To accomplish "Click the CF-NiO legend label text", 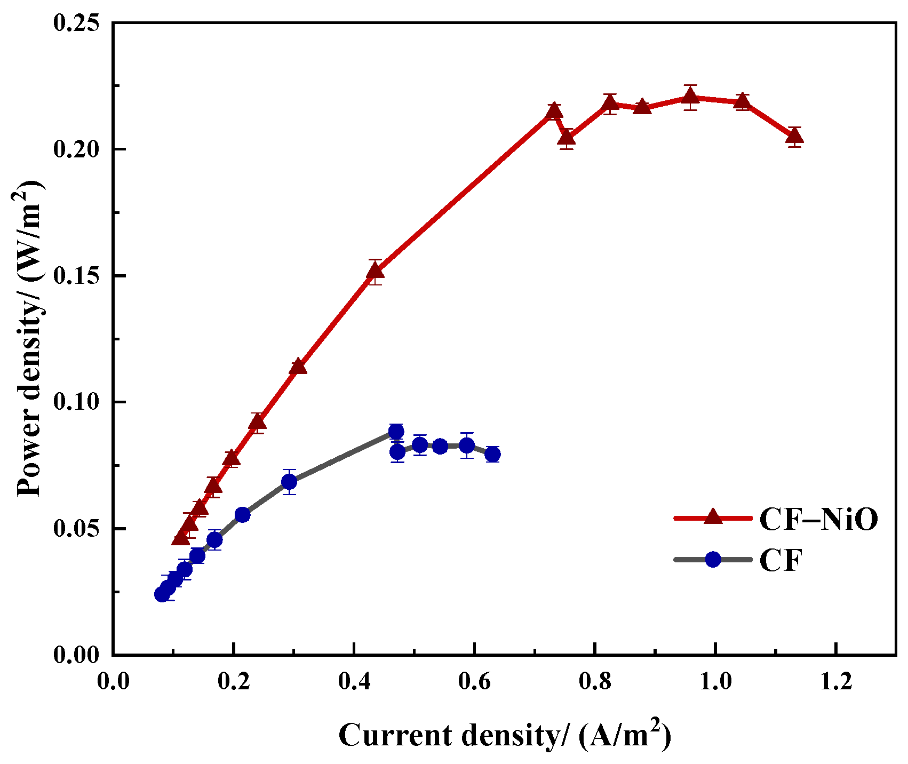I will (818, 519).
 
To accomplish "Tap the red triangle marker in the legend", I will (713, 517).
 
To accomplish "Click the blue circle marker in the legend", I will (713, 559).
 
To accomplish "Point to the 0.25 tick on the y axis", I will (76, 23).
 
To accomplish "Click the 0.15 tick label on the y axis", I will (76, 276).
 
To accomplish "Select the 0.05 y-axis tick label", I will (76, 528).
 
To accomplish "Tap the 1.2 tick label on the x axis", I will (835, 683).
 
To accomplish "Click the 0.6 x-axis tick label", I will (474, 683).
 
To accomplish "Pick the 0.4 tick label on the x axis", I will (354, 683).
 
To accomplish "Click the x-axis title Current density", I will (504, 735).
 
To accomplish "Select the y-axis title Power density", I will (29, 339).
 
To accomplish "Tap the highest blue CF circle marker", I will (396, 432).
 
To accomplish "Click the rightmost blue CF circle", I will (492, 455).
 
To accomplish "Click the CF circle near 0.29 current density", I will (289, 482).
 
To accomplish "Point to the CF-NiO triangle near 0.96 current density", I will (690, 97).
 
